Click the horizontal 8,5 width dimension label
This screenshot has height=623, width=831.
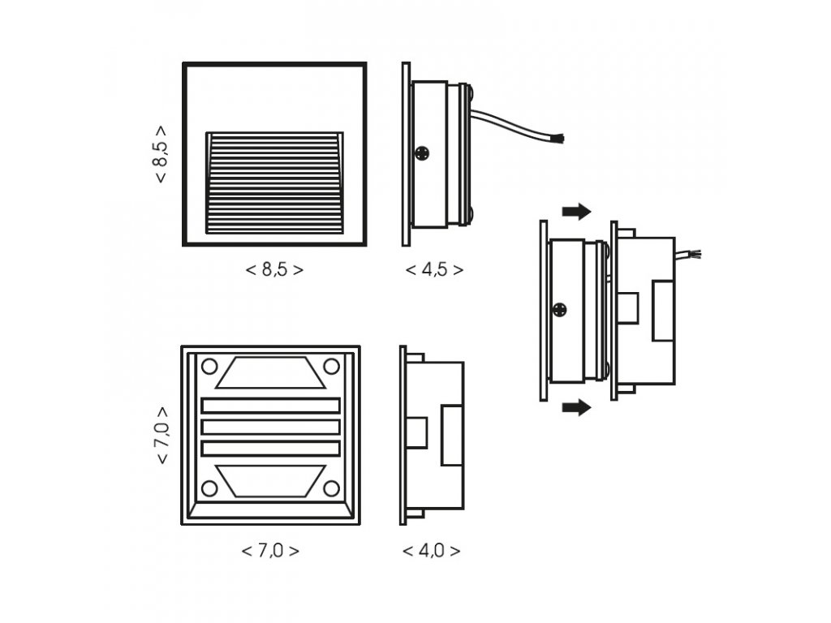click(x=274, y=270)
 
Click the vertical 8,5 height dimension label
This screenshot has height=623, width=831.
click(x=161, y=154)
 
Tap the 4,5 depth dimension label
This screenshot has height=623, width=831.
click(x=435, y=270)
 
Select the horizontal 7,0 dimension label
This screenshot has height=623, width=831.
click(x=270, y=551)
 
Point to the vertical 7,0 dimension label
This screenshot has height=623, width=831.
click(x=161, y=435)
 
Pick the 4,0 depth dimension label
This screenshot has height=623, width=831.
click(x=432, y=551)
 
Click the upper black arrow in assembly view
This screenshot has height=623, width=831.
click(x=576, y=212)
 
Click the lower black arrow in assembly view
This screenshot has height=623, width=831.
click(x=576, y=407)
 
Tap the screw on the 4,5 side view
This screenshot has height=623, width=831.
click(x=423, y=152)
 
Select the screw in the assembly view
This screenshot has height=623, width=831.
click(x=559, y=309)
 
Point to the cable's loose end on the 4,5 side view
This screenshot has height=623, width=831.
click(x=560, y=140)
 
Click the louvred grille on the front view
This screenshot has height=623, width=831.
click(x=274, y=183)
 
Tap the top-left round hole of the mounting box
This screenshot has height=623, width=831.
click(x=209, y=366)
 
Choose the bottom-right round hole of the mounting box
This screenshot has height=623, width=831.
click(x=331, y=488)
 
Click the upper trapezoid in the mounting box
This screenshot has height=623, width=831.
click(x=270, y=372)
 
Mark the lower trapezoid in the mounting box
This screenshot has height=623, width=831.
click(x=270, y=481)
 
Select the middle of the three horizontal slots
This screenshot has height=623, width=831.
click(x=270, y=427)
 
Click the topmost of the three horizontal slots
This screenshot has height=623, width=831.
click(x=270, y=406)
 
